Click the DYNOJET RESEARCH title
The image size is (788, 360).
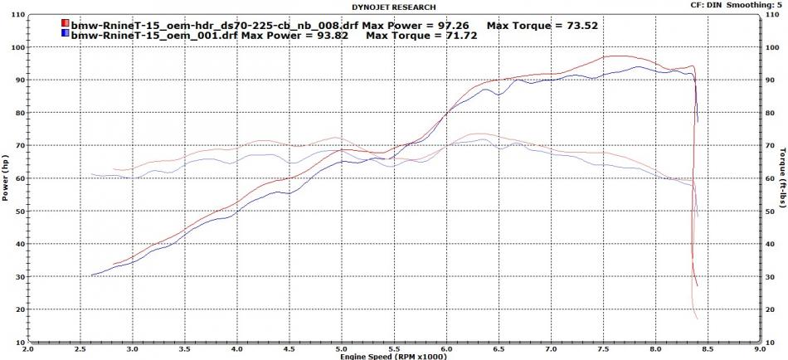(393, 7)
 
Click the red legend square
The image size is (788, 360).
(66, 25)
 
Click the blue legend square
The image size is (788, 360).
(66, 36)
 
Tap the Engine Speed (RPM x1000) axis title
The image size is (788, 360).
(393, 355)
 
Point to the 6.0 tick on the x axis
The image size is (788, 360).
(446, 348)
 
